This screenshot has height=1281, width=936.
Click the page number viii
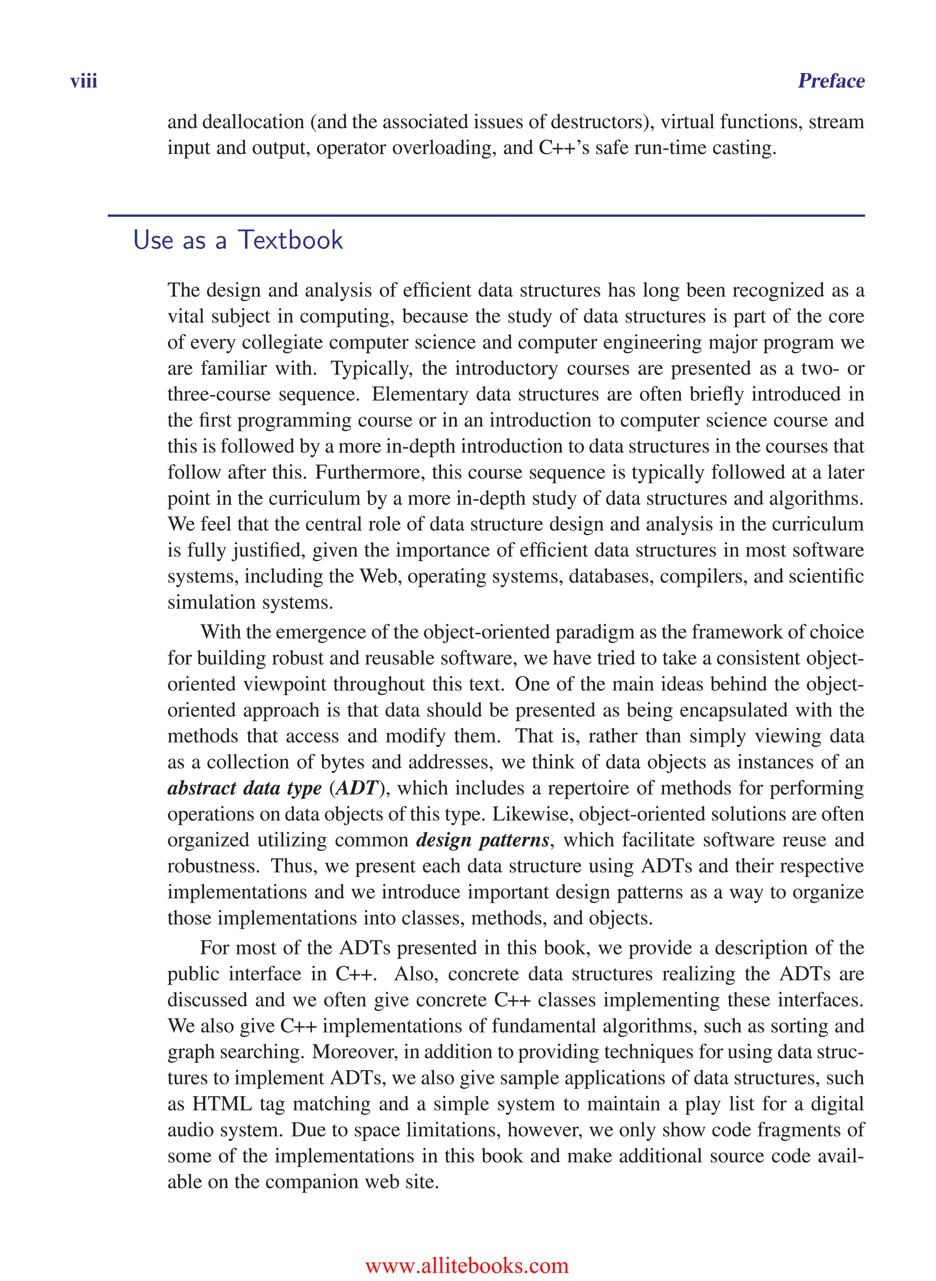pyautogui.click(x=84, y=81)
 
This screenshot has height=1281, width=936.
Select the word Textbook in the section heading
pyautogui.click(x=290, y=240)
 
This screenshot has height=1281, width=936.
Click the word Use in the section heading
pyautogui.click(x=153, y=240)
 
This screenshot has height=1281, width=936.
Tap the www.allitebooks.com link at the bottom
pyautogui.click(x=467, y=1265)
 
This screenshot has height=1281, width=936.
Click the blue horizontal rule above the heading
pyautogui.click(x=486, y=215)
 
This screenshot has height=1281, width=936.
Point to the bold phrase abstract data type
pyautogui.click(x=244, y=788)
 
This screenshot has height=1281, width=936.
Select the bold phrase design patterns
pyautogui.click(x=482, y=840)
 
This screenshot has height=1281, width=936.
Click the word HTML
pyautogui.click(x=222, y=1104)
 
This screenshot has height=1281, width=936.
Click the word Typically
pyautogui.click(x=372, y=368)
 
